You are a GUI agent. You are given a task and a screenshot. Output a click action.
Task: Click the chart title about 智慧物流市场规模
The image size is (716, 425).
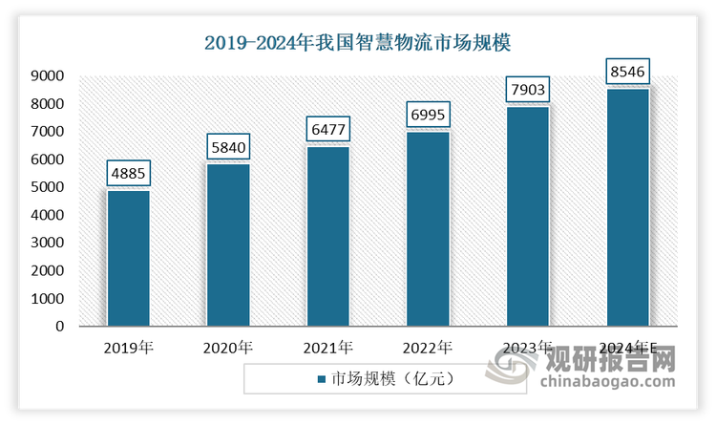point(358,43)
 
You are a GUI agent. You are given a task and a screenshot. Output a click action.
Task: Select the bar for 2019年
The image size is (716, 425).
point(128,258)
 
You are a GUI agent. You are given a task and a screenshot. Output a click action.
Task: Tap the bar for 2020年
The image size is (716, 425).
point(228,244)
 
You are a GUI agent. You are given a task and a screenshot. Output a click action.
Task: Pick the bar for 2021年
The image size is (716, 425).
point(327,236)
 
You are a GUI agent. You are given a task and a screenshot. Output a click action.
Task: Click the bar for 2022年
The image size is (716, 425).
point(428,228)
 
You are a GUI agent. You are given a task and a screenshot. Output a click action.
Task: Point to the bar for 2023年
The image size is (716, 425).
point(528,216)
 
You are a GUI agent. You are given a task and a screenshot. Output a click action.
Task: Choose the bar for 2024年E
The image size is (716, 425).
point(628,207)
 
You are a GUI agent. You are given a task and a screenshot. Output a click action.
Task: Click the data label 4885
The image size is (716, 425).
point(128,175)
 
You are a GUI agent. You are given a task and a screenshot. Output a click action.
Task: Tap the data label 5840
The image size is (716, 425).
point(228,148)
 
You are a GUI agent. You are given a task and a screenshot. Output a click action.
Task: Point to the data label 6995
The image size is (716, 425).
point(428,116)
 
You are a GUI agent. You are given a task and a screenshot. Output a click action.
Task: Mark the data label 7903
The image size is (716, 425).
point(528,91)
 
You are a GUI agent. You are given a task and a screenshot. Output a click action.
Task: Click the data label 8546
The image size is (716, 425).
point(628,72)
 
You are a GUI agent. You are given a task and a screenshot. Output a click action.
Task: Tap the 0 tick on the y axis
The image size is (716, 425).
point(58,327)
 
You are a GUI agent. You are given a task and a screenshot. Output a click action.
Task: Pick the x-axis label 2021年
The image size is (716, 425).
point(327,348)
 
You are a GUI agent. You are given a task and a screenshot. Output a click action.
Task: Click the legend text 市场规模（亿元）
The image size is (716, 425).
point(390,378)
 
